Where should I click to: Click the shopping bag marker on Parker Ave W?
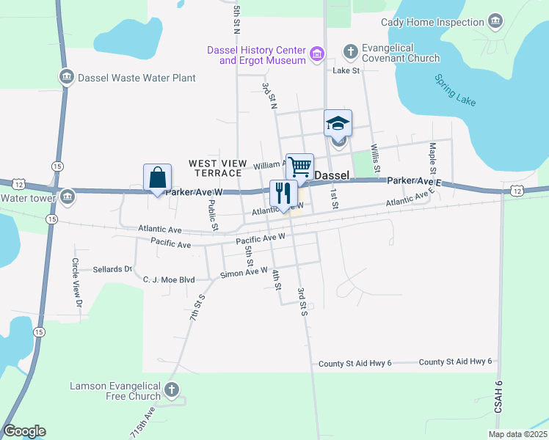tap(158, 178)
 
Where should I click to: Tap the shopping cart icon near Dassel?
tap(299, 167)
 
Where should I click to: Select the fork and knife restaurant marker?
tap(283, 194)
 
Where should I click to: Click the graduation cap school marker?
tap(338, 123)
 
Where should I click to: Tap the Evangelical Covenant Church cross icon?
tap(350, 51)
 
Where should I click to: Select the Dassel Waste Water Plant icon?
tap(66, 77)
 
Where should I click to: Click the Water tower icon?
tap(68, 197)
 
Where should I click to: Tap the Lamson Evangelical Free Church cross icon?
tap(172, 389)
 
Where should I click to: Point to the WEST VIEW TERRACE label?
tap(215, 168)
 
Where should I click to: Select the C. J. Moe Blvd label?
tap(169, 279)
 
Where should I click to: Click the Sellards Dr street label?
tap(112, 269)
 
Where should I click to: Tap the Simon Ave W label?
tap(244, 273)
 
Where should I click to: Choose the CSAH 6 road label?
tap(498, 411)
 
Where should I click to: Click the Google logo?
tap(24, 431)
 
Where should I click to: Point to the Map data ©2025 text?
tap(517, 434)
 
